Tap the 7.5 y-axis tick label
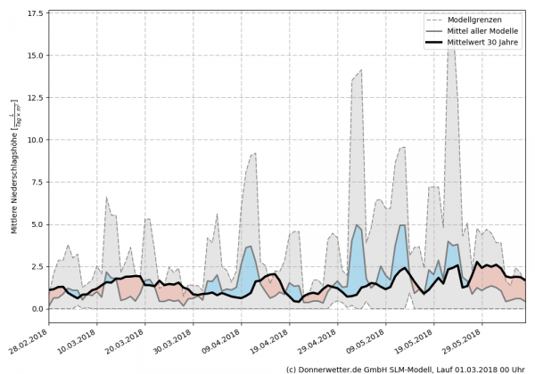pos(36,183)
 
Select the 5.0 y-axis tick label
pos(36,224)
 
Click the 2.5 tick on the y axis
pos(36,267)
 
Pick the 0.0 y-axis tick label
pos(36,309)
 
